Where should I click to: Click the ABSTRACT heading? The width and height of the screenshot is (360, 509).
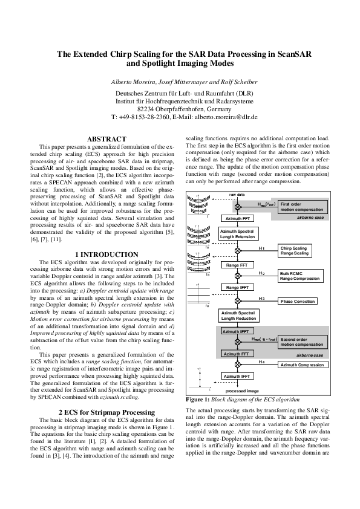(x=106, y=139)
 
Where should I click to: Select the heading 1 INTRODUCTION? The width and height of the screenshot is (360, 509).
(x=106, y=254)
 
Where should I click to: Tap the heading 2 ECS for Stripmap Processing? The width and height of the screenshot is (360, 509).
(x=106, y=411)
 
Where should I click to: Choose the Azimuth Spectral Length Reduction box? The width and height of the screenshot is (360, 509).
(x=237, y=316)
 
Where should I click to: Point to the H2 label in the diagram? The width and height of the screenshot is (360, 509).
(x=261, y=273)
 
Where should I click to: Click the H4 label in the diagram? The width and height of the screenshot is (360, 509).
(x=261, y=361)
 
